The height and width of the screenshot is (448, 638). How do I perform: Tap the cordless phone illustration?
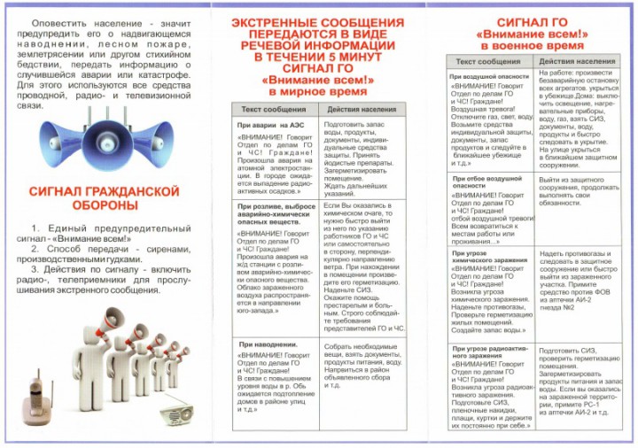(x=36, y=397)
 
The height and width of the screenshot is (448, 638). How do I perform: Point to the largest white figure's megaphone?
(x=113, y=321)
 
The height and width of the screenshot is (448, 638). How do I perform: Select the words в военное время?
(x=534, y=43)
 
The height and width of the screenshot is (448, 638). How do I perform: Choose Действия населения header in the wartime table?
(x=577, y=61)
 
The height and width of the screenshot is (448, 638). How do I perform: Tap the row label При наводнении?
(x=268, y=344)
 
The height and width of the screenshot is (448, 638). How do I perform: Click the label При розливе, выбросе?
(x=273, y=206)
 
